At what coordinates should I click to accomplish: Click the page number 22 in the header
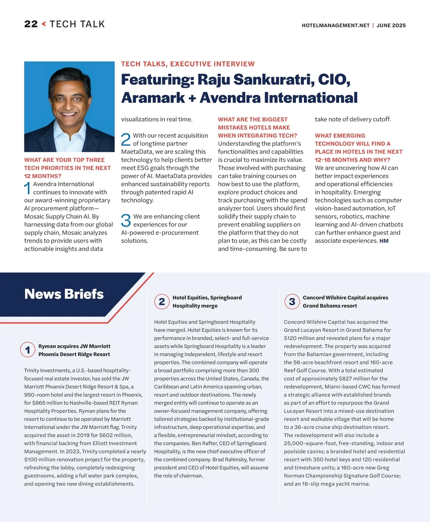point(31,24)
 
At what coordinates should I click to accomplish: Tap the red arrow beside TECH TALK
point(44,24)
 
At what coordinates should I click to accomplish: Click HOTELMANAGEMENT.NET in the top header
point(335,25)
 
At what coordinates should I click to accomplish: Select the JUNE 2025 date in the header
point(391,25)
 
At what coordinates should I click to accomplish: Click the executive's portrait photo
point(69,106)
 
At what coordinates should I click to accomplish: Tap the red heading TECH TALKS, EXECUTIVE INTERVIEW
point(188,64)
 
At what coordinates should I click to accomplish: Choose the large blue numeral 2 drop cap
point(126,140)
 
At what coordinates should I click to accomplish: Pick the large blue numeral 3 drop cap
point(126,220)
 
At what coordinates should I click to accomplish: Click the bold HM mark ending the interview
point(384,241)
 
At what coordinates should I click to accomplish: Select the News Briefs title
point(64,294)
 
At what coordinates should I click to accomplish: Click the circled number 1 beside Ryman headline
point(28,350)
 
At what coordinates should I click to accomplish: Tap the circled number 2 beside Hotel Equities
point(162,302)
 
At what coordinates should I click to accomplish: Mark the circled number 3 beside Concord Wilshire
point(292,302)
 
